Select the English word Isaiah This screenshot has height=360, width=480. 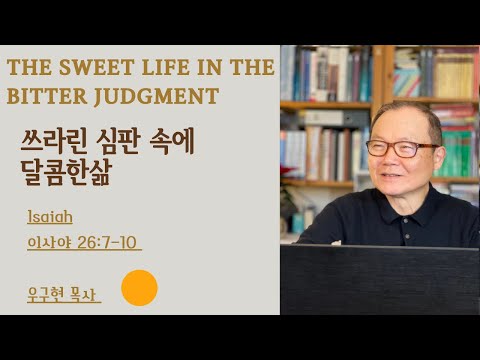[x=50, y=216]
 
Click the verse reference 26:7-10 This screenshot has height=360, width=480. [x=108, y=242]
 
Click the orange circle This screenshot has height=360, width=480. [x=139, y=288]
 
